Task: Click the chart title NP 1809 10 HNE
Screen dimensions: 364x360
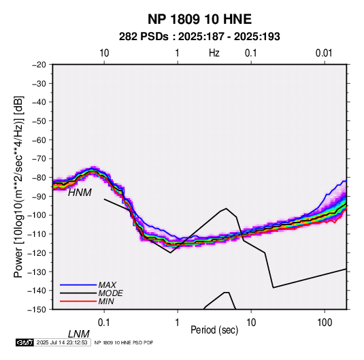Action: click(x=199, y=19)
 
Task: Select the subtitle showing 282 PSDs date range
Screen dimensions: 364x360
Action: click(x=199, y=37)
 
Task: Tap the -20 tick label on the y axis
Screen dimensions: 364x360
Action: click(x=39, y=65)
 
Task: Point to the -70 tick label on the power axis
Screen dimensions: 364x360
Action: click(x=39, y=159)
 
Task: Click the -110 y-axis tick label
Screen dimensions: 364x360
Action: click(x=37, y=234)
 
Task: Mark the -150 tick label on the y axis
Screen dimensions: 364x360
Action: click(x=37, y=310)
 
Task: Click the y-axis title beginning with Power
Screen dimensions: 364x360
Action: click(x=18, y=187)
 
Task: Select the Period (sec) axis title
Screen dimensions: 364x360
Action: click(x=214, y=330)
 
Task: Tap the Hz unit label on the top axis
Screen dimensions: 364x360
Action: click(x=214, y=53)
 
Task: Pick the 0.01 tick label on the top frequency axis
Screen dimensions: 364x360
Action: click(x=324, y=53)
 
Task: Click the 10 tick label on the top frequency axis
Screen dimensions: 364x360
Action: click(x=104, y=53)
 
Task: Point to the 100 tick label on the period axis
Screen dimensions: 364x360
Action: click(x=325, y=323)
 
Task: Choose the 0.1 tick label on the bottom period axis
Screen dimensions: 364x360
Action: click(x=104, y=323)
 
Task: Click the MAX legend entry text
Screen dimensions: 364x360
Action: click(x=107, y=285)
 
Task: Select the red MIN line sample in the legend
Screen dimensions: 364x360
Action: click(x=78, y=301)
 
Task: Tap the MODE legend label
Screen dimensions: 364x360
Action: click(x=110, y=293)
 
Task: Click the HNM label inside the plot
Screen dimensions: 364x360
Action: click(x=80, y=193)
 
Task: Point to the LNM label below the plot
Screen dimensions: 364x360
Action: click(x=79, y=334)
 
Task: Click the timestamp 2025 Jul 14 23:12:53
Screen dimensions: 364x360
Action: click(x=62, y=342)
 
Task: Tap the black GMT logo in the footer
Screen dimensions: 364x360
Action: click(x=25, y=342)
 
